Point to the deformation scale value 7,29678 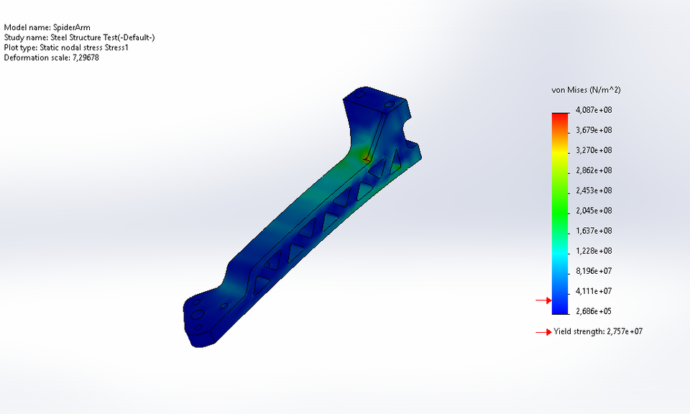(86, 57)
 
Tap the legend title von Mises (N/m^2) (586, 91)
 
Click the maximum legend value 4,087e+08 (593, 110)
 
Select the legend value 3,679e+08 (593, 130)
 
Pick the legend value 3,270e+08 (593, 150)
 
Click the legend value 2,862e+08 (593, 170)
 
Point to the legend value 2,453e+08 (593, 190)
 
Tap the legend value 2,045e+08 (593, 211)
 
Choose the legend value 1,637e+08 (593, 231)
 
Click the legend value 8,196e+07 (593, 271)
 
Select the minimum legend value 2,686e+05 (593, 311)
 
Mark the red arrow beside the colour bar (543, 300)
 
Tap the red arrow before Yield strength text (543, 332)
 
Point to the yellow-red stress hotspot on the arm (362, 154)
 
